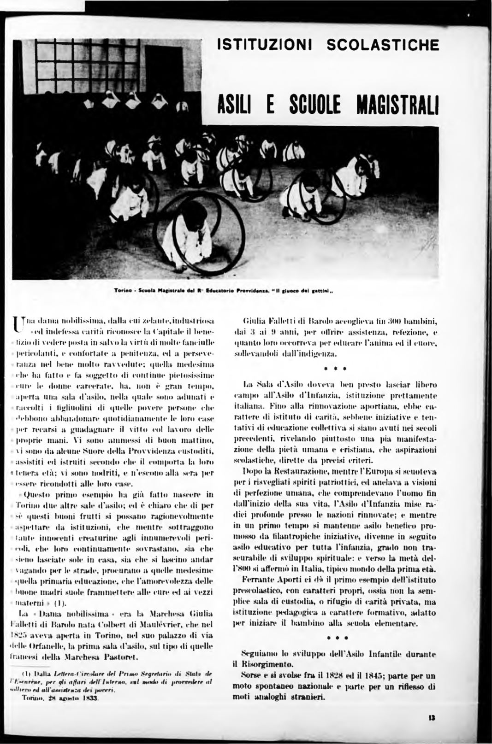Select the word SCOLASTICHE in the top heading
point(382,45)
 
